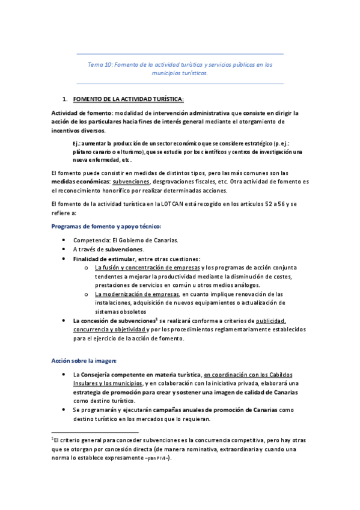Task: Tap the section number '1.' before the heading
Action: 66,99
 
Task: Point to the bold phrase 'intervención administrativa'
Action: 198,112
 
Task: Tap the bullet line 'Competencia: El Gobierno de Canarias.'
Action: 126,240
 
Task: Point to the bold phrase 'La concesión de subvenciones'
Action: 114,321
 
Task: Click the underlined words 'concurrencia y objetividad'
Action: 109,330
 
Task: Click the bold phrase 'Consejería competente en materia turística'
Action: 142,375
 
